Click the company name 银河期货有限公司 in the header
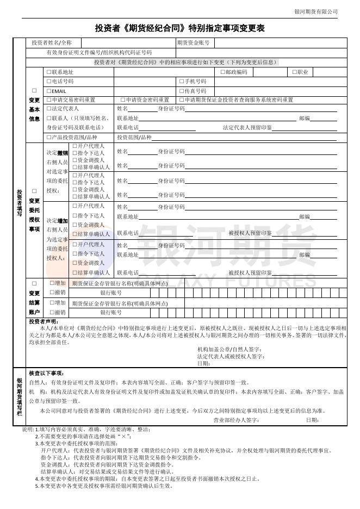click(316, 11)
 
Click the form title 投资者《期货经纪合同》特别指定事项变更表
click(180, 28)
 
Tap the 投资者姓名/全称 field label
click(52, 42)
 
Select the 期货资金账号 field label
click(193, 42)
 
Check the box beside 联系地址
click(49, 72)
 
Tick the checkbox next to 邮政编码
click(223, 72)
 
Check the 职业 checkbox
click(295, 72)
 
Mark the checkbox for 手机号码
click(182, 81)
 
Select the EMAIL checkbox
click(49, 91)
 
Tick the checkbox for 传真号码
click(182, 91)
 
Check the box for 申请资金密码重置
click(123, 100)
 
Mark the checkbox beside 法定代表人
click(49, 109)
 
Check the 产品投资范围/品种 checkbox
click(49, 138)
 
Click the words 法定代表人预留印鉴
click(247, 128)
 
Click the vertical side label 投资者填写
click(19, 203)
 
